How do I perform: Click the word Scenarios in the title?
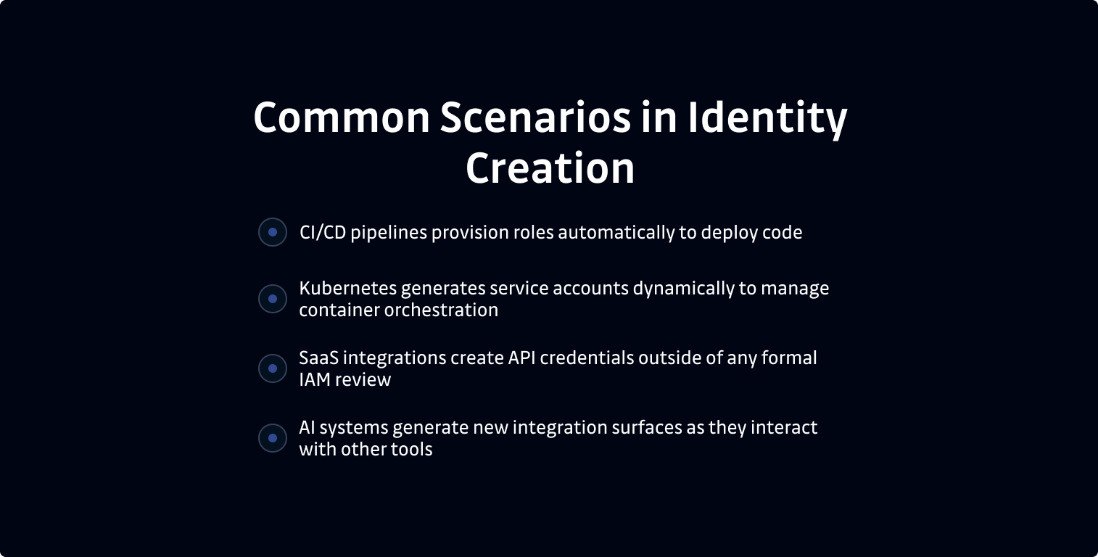(x=536, y=117)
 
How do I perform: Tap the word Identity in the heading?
(x=767, y=117)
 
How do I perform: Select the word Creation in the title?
(x=550, y=168)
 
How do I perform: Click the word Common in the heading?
(x=342, y=117)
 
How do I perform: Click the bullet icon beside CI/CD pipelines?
(x=273, y=232)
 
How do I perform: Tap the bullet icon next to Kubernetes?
(x=273, y=299)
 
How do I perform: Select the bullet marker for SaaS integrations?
(x=273, y=368)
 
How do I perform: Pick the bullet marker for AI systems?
(x=273, y=438)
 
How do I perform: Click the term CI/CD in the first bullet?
(x=323, y=233)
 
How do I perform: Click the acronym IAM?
(x=315, y=380)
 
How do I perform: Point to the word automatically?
(x=616, y=233)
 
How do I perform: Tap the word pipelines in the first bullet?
(x=389, y=234)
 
